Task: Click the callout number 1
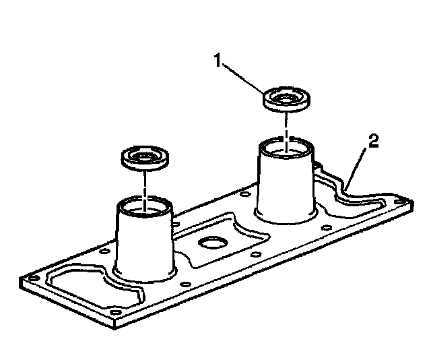[x=218, y=61]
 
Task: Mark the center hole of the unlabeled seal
[x=143, y=156]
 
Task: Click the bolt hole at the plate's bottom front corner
[x=116, y=313]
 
